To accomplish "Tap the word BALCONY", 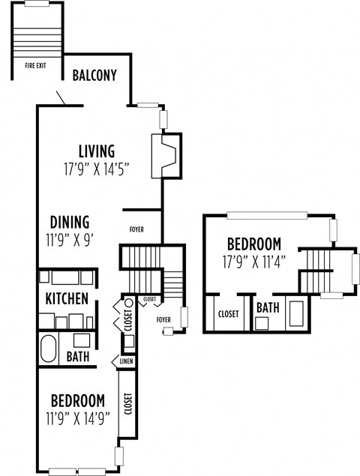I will [x=94, y=75].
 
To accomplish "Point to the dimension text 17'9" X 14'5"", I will [x=97, y=169].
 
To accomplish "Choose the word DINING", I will [x=70, y=222].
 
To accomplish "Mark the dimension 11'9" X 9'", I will [x=70, y=240].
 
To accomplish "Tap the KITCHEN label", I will [x=67, y=298].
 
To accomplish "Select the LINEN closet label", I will [x=125, y=362].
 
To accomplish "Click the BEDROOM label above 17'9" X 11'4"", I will [x=254, y=244].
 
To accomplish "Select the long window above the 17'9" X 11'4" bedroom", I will [x=266, y=216].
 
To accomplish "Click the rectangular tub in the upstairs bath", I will [x=295, y=314].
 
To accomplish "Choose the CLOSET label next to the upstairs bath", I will [x=228, y=314].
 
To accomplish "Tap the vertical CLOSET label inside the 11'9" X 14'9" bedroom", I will [x=127, y=404].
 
